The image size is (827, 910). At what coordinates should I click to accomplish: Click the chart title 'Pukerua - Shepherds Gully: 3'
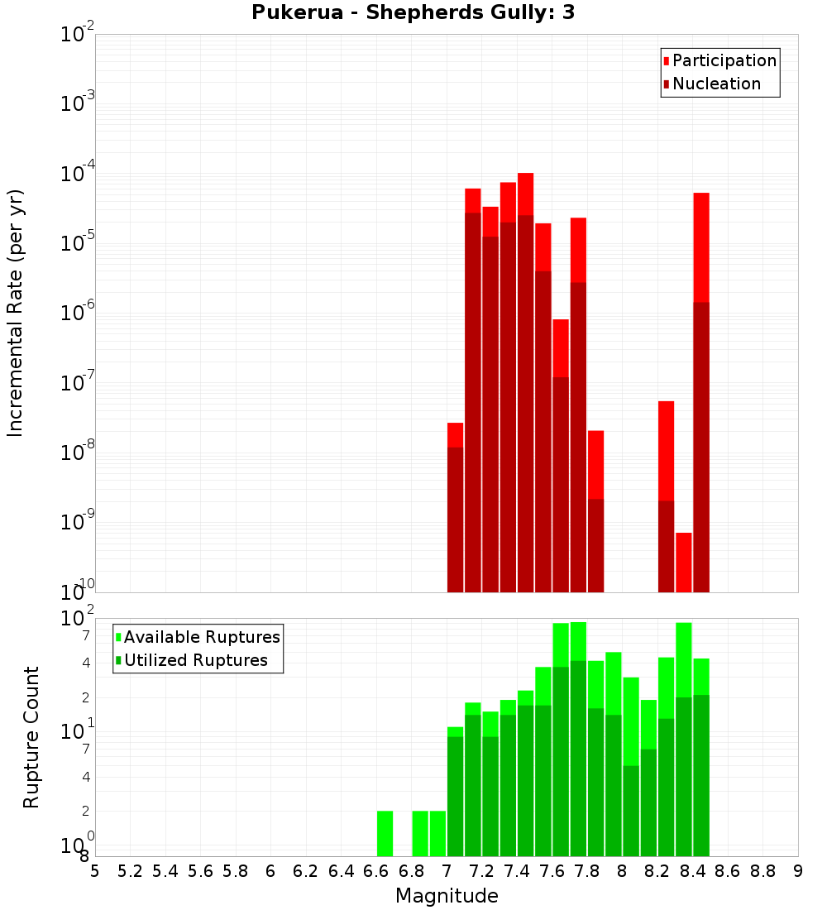[x=413, y=13]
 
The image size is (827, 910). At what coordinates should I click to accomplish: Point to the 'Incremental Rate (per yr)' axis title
[x=15, y=313]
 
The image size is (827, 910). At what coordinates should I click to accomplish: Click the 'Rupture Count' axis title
[x=31, y=737]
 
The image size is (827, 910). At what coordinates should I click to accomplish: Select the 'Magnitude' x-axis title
[x=447, y=896]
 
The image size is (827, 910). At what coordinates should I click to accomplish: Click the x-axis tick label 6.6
[x=376, y=871]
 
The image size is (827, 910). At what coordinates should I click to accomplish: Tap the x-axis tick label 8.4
[x=692, y=871]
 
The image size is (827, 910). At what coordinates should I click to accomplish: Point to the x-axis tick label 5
[x=95, y=871]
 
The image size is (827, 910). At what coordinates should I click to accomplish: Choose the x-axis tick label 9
[x=798, y=871]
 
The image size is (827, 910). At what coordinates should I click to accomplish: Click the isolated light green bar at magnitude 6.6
[x=385, y=833]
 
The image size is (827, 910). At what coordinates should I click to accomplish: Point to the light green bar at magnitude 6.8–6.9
[x=420, y=833]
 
